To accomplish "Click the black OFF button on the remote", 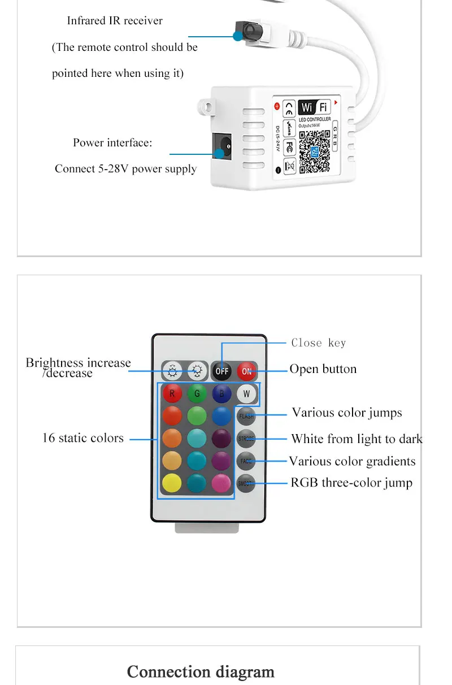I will [222, 371].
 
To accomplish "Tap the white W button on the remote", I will [246, 393].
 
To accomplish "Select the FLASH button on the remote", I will [246, 417].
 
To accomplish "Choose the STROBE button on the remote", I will [246, 439].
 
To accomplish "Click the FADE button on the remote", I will [246, 461].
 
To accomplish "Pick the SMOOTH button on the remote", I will [246, 483].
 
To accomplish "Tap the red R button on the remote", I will [172, 393].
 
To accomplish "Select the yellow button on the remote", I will [172, 483].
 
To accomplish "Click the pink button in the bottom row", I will [221, 483].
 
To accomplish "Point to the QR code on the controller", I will [314, 151].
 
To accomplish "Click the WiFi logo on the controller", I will [315, 107].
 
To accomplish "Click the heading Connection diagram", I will [201, 671].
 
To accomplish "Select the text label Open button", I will [323, 369].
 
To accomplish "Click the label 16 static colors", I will [82, 438].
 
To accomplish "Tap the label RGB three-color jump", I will [351, 483].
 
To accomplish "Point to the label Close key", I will [319, 342].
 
